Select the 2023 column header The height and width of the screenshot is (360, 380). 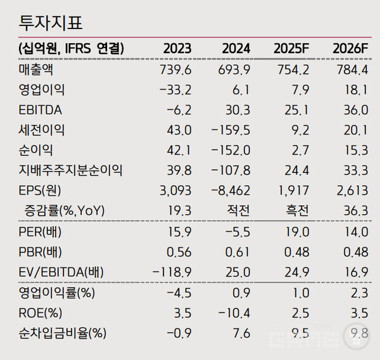point(177,49)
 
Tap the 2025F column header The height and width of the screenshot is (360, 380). point(291,49)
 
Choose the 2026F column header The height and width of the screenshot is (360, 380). point(350,49)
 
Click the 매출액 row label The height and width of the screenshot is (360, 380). point(35,70)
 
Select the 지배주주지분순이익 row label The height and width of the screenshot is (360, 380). point(70,170)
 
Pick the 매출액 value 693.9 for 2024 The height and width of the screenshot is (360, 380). point(234,70)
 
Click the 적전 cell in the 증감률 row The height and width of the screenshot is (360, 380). point(239,210)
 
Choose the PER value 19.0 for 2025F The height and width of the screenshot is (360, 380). point(297,232)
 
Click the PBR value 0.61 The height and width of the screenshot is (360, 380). point(237,252)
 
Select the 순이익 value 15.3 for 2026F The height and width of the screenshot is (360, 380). point(355,150)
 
